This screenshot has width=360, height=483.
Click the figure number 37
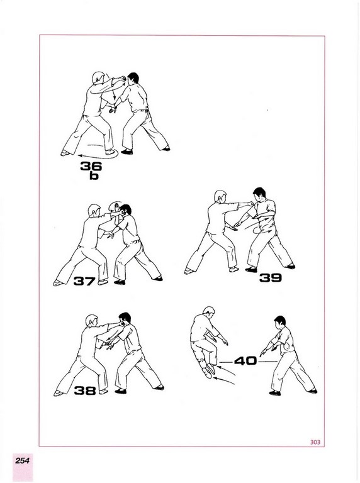click(84, 281)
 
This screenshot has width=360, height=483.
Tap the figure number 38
click(85, 391)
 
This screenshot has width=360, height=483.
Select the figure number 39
click(270, 278)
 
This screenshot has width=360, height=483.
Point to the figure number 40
click(245, 361)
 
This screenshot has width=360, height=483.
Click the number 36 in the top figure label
click(91, 166)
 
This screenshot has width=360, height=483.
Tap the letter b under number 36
click(94, 176)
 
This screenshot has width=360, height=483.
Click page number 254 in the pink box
click(23, 461)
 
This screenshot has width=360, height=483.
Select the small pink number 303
click(315, 442)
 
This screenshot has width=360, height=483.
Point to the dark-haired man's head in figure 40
click(279, 322)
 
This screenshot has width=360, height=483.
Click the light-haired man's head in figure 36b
click(99, 77)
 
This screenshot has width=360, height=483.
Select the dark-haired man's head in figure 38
click(125, 319)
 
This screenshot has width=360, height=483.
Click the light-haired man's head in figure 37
click(94, 211)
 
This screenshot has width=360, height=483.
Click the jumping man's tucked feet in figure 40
click(209, 370)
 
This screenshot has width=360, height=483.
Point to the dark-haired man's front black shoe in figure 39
click(251, 270)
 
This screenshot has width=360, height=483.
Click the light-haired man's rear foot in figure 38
click(58, 393)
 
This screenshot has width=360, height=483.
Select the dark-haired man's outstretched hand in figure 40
click(263, 353)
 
